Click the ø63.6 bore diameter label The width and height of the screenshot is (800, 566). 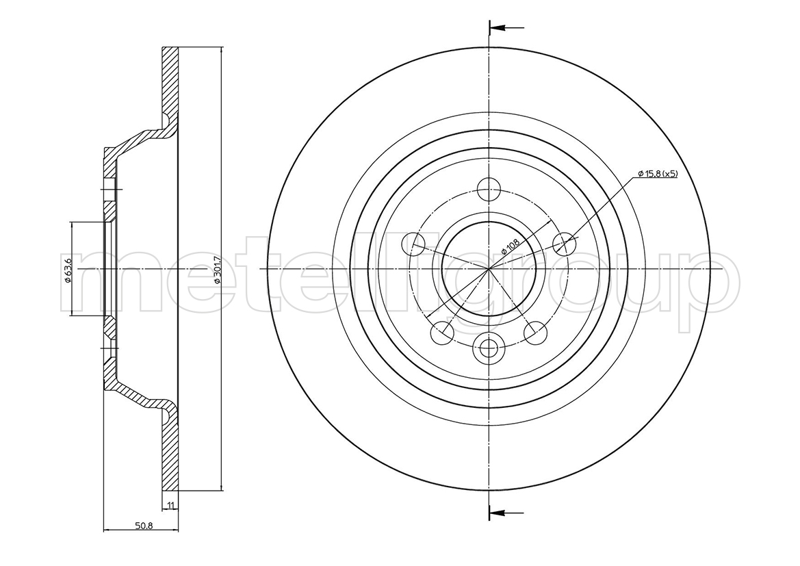tap(68, 269)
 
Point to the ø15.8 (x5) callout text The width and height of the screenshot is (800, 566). tap(658, 174)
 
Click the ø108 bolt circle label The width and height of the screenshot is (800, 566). tap(510, 246)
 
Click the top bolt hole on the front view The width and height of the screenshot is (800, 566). tap(489, 190)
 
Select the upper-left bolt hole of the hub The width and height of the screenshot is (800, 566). tap(414, 243)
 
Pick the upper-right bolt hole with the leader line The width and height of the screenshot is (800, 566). tap(565, 243)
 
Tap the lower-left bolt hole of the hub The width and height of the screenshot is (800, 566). tap(442, 333)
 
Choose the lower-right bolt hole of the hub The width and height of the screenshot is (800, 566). tap(536, 333)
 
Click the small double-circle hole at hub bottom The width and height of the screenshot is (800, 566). tap(489, 348)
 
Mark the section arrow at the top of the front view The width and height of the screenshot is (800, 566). tap(506, 27)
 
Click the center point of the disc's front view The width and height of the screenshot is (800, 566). tap(489, 268)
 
